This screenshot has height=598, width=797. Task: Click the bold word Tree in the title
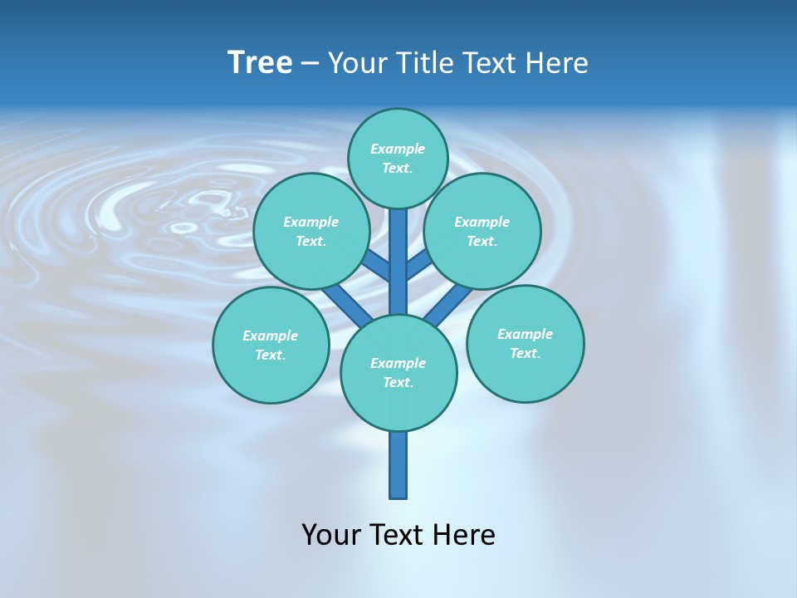click(260, 62)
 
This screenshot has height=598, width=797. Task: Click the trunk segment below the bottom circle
click(398, 465)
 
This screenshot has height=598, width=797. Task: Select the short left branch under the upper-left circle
click(377, 267)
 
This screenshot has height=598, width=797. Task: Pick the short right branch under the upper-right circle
click(419, 266)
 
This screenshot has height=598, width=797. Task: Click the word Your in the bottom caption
click(331, 534)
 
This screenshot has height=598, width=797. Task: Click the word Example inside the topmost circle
click(398, 149)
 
